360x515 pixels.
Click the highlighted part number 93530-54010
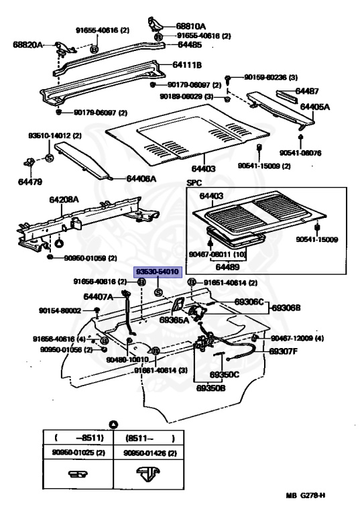(x=158, y=272)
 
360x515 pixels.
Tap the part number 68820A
(x=27, y=45)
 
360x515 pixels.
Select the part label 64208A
(x=64, y=199)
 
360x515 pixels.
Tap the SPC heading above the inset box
(x=194, y=183)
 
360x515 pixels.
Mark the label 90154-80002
(x=60, y=310)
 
